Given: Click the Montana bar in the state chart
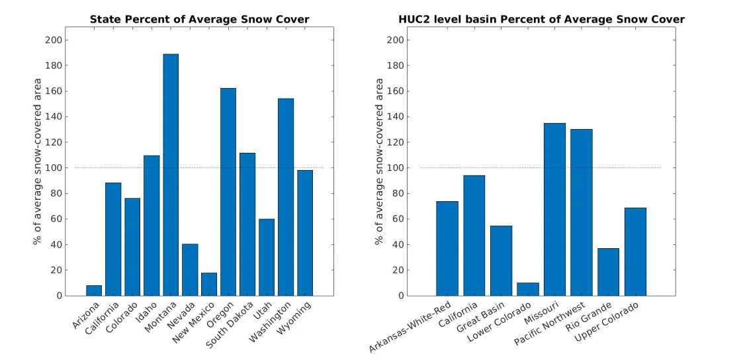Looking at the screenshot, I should (x=171, y=175).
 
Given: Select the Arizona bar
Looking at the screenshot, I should (x=94, y=291).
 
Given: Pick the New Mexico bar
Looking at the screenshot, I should (x=209, y=284).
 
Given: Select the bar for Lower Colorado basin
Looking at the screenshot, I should (x=528, y=289).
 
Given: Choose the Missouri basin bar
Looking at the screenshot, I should (x=554, y=209).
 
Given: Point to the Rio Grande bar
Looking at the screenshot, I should (x=608, y=272).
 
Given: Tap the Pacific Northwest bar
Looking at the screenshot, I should (x=582, y=212).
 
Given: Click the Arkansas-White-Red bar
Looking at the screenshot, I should (x=447, y=248).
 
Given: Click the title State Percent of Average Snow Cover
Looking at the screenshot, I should (x=199, y=19).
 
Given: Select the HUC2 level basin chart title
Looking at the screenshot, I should (x=541, y=19).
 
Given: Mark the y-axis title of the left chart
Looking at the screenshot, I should (x=38, y=161).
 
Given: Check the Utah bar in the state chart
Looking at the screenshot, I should (x=267, y=257).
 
